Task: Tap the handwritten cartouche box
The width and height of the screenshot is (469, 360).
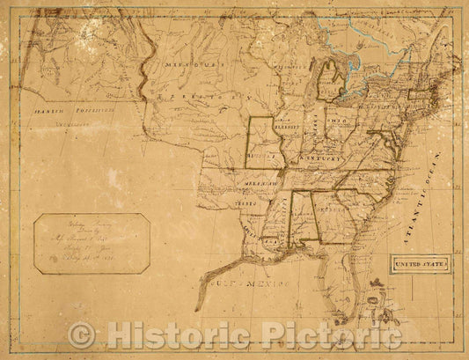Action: pyautogui.click(x=92, y=241)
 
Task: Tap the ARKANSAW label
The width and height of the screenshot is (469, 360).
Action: pyautogui.click(x=253, y=182)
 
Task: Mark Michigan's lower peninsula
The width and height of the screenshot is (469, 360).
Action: pyautogui.click(x=330, y=84)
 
